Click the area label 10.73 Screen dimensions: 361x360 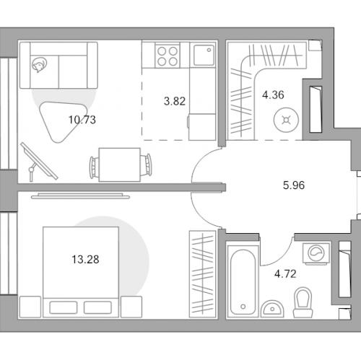(x=82, y=120)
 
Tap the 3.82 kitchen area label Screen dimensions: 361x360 (x=175, y=101)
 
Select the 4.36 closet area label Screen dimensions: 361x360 (x=273, y=95)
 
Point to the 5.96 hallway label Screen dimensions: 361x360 (x=294, y=185)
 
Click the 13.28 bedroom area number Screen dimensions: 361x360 (x=85, y=260)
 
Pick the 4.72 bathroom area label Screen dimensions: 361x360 (x=285, y=274)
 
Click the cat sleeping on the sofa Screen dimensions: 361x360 (x=39, y=65)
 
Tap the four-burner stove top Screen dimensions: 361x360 (x=168, y=56)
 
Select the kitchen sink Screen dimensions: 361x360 (x=204, y=56)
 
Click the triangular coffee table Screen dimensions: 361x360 (x=61, y=119)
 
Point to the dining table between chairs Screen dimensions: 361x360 (x=120, y=164)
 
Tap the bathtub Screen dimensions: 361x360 (x=243, y=282)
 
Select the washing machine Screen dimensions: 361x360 (x=316, y=254)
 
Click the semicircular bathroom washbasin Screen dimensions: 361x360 (x=272, y=309)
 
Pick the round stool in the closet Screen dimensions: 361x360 (x=286, y=120)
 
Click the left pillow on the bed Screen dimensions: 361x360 (x=64, y=307)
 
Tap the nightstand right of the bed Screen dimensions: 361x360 (x=131, y=307)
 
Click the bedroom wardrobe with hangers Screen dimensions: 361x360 (x=202, y=274)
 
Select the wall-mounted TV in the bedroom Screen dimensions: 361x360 (x=80, y=196)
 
